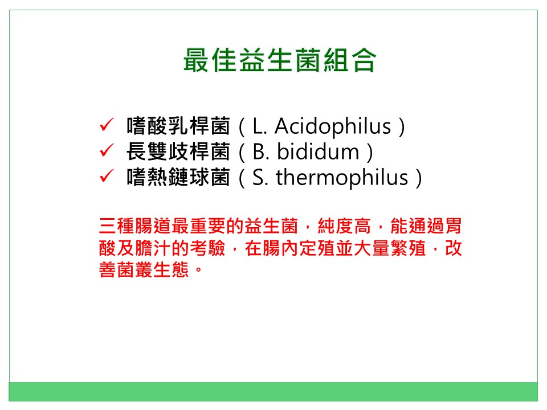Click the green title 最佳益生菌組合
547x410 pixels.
coord(279,60)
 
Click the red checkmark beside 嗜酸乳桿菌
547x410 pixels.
coord(107,125)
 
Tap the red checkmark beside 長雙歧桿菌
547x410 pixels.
coord(107,150)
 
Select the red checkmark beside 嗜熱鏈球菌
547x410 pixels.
coord(107,176)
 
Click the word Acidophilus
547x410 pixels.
coord(333,126)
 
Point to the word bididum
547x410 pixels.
coord(318,152)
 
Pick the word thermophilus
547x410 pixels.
coord(342,178)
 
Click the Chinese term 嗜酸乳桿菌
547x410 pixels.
coord(178,126)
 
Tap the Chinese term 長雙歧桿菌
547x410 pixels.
coord(178,151)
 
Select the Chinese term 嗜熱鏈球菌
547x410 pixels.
coord(178,178)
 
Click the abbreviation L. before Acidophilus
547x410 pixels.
coord(260,126)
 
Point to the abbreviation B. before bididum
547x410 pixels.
coord(260,152)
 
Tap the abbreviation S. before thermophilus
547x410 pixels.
coord(260,178)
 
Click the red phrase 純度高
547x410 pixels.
coord(344,226)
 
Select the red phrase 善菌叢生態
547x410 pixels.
coord(144,270)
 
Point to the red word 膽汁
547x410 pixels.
coord(153,248)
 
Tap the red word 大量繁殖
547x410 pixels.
coord(389,248)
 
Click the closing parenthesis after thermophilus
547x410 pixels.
coord(419,178)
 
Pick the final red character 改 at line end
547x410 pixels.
coord(453,248)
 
